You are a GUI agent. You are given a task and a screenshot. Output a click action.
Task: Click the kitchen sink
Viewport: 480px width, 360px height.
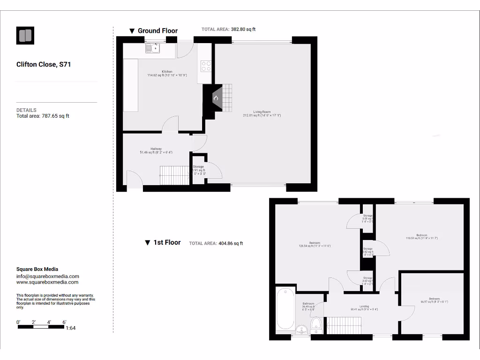click(153, 48)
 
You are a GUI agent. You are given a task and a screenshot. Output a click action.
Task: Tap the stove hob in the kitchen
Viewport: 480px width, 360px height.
click(205, 66)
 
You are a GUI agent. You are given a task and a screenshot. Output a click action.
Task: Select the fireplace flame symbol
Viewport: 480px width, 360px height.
click(216, 98)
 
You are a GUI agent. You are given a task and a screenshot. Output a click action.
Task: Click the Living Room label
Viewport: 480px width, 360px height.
click(262, 112)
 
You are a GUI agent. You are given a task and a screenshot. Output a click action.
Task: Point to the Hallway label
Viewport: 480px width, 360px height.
click(156, 149)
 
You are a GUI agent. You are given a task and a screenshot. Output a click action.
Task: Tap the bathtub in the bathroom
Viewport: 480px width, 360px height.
click(285, 309)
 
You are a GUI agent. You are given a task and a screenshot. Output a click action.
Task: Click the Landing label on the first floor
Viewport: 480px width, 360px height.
click(364, 306)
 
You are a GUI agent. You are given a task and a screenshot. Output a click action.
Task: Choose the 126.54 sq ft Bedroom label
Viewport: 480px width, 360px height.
click(315, 243)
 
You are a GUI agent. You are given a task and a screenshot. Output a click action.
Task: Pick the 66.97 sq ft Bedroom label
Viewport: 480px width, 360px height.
click(434, 299)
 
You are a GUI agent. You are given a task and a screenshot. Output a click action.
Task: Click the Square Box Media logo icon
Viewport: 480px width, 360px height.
click(25, 36)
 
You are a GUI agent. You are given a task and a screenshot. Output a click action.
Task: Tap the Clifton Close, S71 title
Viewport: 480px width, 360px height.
click(44, 64)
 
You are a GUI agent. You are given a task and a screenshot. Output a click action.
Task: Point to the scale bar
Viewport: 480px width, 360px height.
click(41, 327)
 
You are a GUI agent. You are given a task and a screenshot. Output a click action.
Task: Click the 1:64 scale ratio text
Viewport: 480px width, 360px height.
click(71, 328)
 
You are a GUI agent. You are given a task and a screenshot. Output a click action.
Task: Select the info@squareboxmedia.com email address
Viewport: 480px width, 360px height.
click(48, 276)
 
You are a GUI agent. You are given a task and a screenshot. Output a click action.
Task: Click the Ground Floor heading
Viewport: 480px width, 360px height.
click(157, 31)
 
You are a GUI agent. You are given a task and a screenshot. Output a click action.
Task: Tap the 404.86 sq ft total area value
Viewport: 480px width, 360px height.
click(231, 243)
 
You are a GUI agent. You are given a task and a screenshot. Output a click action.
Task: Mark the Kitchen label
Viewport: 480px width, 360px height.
click(167, 72)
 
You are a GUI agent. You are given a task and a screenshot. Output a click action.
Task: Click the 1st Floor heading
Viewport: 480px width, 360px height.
click(167, 243)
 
